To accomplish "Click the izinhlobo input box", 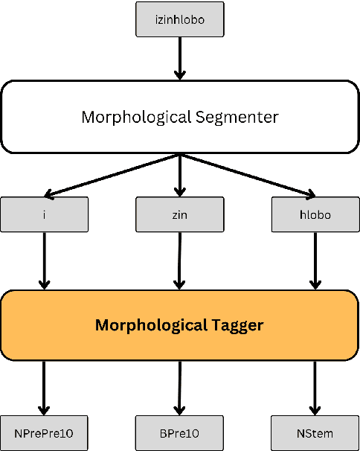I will (x=179, y=19).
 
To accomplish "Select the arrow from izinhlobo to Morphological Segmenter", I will (x=179, y=57).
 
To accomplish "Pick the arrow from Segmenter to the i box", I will (x=112, y=175).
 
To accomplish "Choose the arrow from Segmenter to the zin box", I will (x=179, y=175).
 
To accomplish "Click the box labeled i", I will (x=44, y=214).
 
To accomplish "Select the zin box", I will (x=179, y=214).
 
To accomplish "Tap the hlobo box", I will (x=315, y=214).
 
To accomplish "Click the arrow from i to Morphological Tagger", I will (x=44, y=260).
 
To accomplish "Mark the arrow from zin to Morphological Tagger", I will (x=179, y=260).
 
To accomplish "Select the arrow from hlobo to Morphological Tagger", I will (x=315, y=260).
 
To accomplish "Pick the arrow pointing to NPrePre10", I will (x=44, y=387).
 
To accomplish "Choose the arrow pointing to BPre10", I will (x=179, y=387).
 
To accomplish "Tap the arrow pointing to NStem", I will (x=315, y=387).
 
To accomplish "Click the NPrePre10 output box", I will (x=44, y=432).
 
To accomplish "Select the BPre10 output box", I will (x=179, y=432).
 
